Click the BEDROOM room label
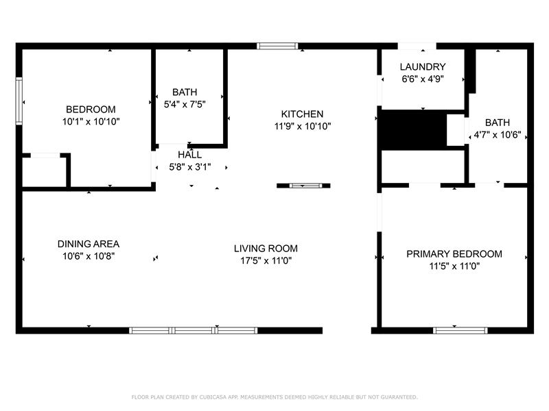pos(91,110)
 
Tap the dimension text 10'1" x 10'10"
pos(91,122)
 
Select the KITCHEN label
pos(302,114)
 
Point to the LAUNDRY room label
pos(423,66)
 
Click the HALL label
pos(190,155)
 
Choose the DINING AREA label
pos(89,244)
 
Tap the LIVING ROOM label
pos(266,249)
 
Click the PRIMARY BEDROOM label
pos(454,254)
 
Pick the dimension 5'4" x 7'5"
pos(185,104)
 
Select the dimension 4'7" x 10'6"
pos(497,134)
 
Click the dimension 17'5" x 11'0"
pos(266,261)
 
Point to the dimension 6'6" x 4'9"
pos(423,79)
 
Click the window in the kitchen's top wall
pos(277,46)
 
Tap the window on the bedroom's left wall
pos(19,101)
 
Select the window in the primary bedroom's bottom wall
pos(460,330)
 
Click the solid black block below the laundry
pos(413,130)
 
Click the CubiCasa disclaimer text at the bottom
pos(274,397)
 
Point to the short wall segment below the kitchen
pos(303,186)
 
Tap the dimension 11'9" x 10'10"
pos(303,126)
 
